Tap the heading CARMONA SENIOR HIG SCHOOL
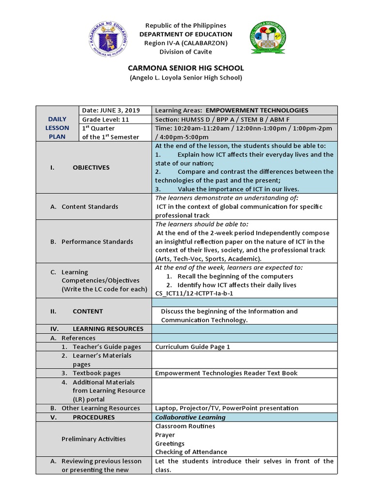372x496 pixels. pos(186,68)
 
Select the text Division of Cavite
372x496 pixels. pos(186,52)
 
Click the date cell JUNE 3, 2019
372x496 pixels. pos(115,110)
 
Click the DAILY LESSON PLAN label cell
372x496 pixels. pos(58,128)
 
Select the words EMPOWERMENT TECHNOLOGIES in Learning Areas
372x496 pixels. pos(257,110)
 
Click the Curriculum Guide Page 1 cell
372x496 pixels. pos(193,347)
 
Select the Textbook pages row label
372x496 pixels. pos(96,373)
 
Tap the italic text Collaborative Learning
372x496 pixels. pos(190,417)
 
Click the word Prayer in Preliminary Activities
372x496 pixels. pos(165,435)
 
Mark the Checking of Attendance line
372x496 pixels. pos(191,452)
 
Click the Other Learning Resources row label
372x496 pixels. pos(100,408)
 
